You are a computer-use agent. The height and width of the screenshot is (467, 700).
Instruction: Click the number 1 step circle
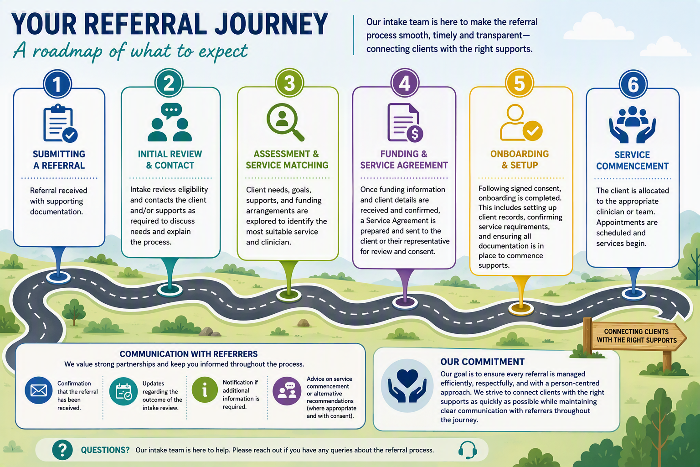click(57, 84)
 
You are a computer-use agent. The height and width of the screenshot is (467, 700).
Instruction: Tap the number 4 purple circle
click(405, 83)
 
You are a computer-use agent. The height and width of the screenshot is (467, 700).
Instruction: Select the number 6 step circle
click(633, 84)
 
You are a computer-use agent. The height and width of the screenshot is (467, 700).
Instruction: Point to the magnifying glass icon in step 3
click(285, 122)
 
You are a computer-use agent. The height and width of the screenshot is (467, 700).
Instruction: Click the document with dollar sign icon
click(405, 123)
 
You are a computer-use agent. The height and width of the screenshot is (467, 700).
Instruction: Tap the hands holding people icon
click(632, 125)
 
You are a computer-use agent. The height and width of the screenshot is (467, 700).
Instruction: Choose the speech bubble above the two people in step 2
click(171, 111)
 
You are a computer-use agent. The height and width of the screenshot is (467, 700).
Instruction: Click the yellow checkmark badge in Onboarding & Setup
click(533, 131)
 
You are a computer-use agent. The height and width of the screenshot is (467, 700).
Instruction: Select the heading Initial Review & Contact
click(170, 160)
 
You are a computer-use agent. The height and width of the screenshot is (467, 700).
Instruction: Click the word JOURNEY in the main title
click(271, 24)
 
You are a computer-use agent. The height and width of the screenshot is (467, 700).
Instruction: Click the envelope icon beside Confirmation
click(39, 390)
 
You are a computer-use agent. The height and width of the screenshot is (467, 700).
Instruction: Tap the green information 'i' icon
click(205, 390)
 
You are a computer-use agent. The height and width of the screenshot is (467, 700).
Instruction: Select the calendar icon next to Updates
click(124, 391)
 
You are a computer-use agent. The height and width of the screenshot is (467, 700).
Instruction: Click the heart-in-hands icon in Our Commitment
click(407, 385)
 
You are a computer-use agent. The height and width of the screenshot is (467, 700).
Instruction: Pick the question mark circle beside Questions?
click(62, 450)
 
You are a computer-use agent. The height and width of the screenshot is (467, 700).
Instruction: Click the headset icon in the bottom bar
click(468, 450)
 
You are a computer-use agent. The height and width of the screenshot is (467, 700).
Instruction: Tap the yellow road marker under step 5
click(521, 308)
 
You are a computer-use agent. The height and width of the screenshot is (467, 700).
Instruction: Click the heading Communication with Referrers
click(189, 354)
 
